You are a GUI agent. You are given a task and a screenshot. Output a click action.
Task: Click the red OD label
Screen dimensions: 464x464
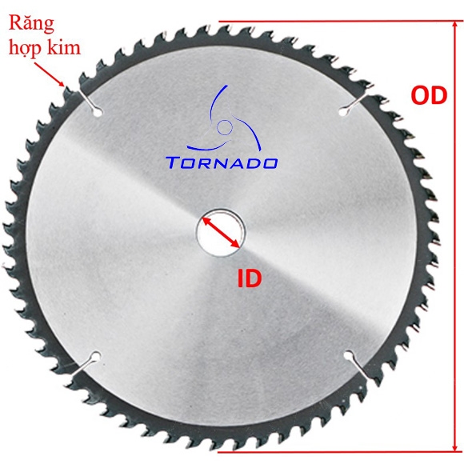coord(429,95)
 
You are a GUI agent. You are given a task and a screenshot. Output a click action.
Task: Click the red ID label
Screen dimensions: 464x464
coord(250,278)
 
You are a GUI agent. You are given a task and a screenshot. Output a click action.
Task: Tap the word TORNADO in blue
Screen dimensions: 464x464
coord(222,163)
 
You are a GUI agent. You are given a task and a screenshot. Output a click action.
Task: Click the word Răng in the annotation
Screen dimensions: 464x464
coord(31,24)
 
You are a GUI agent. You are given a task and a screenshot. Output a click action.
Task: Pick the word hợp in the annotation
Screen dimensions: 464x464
coord(29,49)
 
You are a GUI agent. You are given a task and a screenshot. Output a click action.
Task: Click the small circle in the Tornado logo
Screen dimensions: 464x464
coord(225,127)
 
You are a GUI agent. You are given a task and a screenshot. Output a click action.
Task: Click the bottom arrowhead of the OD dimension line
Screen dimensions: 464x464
coord(455,447)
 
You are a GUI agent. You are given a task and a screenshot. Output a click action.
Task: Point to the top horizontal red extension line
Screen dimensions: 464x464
coord(341,22)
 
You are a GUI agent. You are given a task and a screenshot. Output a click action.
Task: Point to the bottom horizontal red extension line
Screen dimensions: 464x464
coord(341,452)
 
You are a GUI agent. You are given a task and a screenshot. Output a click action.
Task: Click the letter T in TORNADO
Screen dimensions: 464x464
coord(172,163)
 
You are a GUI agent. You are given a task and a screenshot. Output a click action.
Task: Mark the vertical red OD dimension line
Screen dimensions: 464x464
coord(455,237)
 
